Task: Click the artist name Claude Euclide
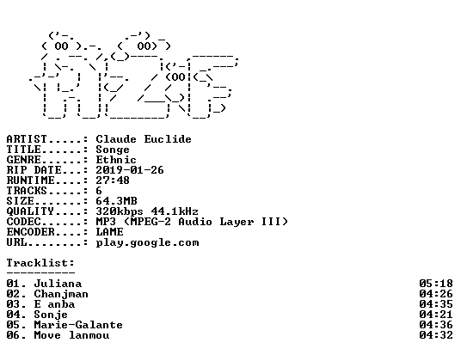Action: tap(144, 139)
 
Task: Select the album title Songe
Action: tap(113, 150)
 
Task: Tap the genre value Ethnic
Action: tap(116, 160)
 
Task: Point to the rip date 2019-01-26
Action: tap(130, 170)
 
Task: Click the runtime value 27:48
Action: tap(113, 180)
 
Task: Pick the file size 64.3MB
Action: tap(116, 201)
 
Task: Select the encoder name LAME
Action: tap(109, 232)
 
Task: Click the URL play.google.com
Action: tap(147, 243)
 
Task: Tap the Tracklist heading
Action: tap(40, 263)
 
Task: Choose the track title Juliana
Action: tap(58, 284)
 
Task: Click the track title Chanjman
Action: tap(61, 294)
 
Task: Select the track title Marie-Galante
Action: tap(78, 325)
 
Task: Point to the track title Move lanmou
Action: tap(71, 335)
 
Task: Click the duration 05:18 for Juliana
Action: tap(436, 284)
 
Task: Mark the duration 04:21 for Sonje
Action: tap(436, 315)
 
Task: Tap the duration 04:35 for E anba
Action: tap(436, 304)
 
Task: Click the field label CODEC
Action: tap(23, 222)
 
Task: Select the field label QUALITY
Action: tap(30, 211)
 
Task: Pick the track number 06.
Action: tap(13, 335)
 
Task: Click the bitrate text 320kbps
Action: tap(120, 211)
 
